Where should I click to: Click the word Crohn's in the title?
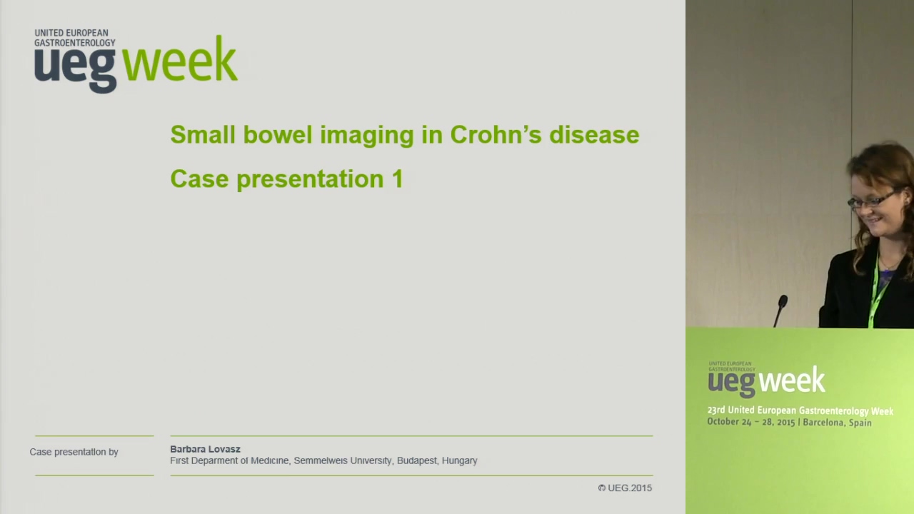[x=496, y=135]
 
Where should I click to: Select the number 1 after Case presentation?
[x=397, y=178]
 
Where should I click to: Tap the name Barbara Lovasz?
[x=205, y=449]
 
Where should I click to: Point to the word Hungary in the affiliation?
[x=459, y=461]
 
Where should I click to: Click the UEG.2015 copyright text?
[x=625, y=488]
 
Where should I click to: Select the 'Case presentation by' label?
[x=74, y=452]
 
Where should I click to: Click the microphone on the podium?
[x=780, y=310]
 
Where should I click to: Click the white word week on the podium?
[x=791, y=381]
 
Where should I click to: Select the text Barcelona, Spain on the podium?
[x=837, y=423]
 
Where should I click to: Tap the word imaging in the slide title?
[x=366, y=136]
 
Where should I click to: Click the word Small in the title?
[x=203, y=135]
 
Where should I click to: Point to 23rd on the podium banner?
[x=715, y=410]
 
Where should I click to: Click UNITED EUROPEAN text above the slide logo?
[x=71, y=33]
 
